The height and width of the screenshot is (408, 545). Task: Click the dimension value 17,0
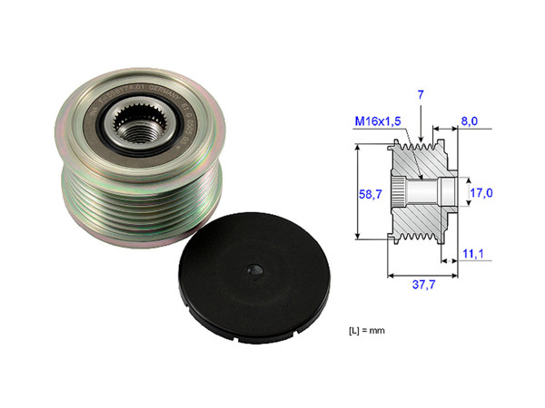[481, 193]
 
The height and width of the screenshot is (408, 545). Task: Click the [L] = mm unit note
[366, 330]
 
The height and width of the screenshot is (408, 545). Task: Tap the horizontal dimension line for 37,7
[421, 270]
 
